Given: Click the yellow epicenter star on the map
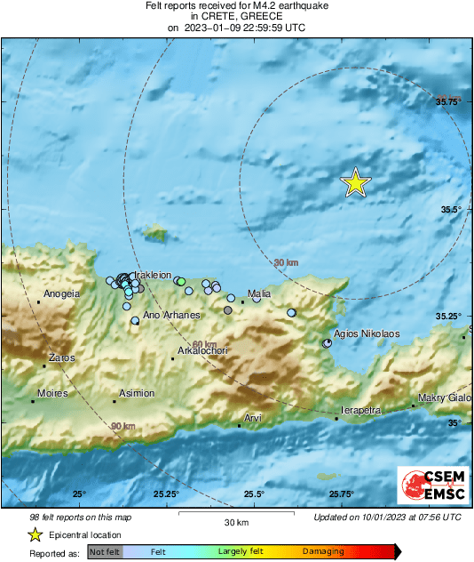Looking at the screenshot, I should click(356, 182).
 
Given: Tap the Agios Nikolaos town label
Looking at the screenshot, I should click(367, 333).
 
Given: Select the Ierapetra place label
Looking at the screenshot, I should click(360, 411).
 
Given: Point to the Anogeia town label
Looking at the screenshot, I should click(62, 293).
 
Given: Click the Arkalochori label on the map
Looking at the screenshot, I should click(203, 351).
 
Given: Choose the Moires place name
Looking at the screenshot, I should click(53, 392).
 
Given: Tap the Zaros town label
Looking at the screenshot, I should click(59, 358).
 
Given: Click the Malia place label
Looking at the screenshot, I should click(259, 293).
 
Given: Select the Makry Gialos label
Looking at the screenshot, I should click(445, 397).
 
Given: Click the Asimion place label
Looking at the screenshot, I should click(137, 393).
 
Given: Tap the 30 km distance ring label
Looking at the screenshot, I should click(286, 262).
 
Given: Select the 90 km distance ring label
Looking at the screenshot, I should click(123, 427).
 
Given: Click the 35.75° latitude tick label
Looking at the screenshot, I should click(452, 102).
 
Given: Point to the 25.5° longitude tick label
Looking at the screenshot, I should click(254, 494).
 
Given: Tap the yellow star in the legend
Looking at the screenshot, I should click(35, 534).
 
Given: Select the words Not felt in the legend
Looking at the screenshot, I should click(105, 551).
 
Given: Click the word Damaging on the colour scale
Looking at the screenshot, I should click(323, 551).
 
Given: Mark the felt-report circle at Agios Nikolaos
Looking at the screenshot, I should click(327, 342).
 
